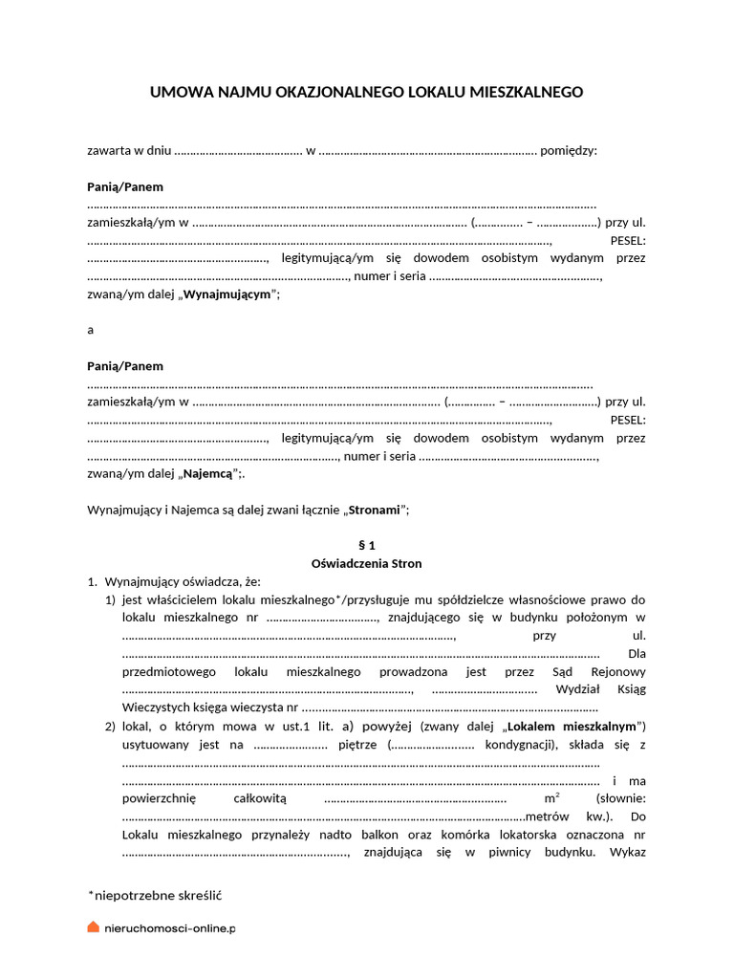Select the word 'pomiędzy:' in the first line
(569, 151)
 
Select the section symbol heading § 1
(366, 545)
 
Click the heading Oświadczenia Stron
(366, 563)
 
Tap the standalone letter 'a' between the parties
(90, 330)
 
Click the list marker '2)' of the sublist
(110, 727)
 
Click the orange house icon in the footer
(93, 927)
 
